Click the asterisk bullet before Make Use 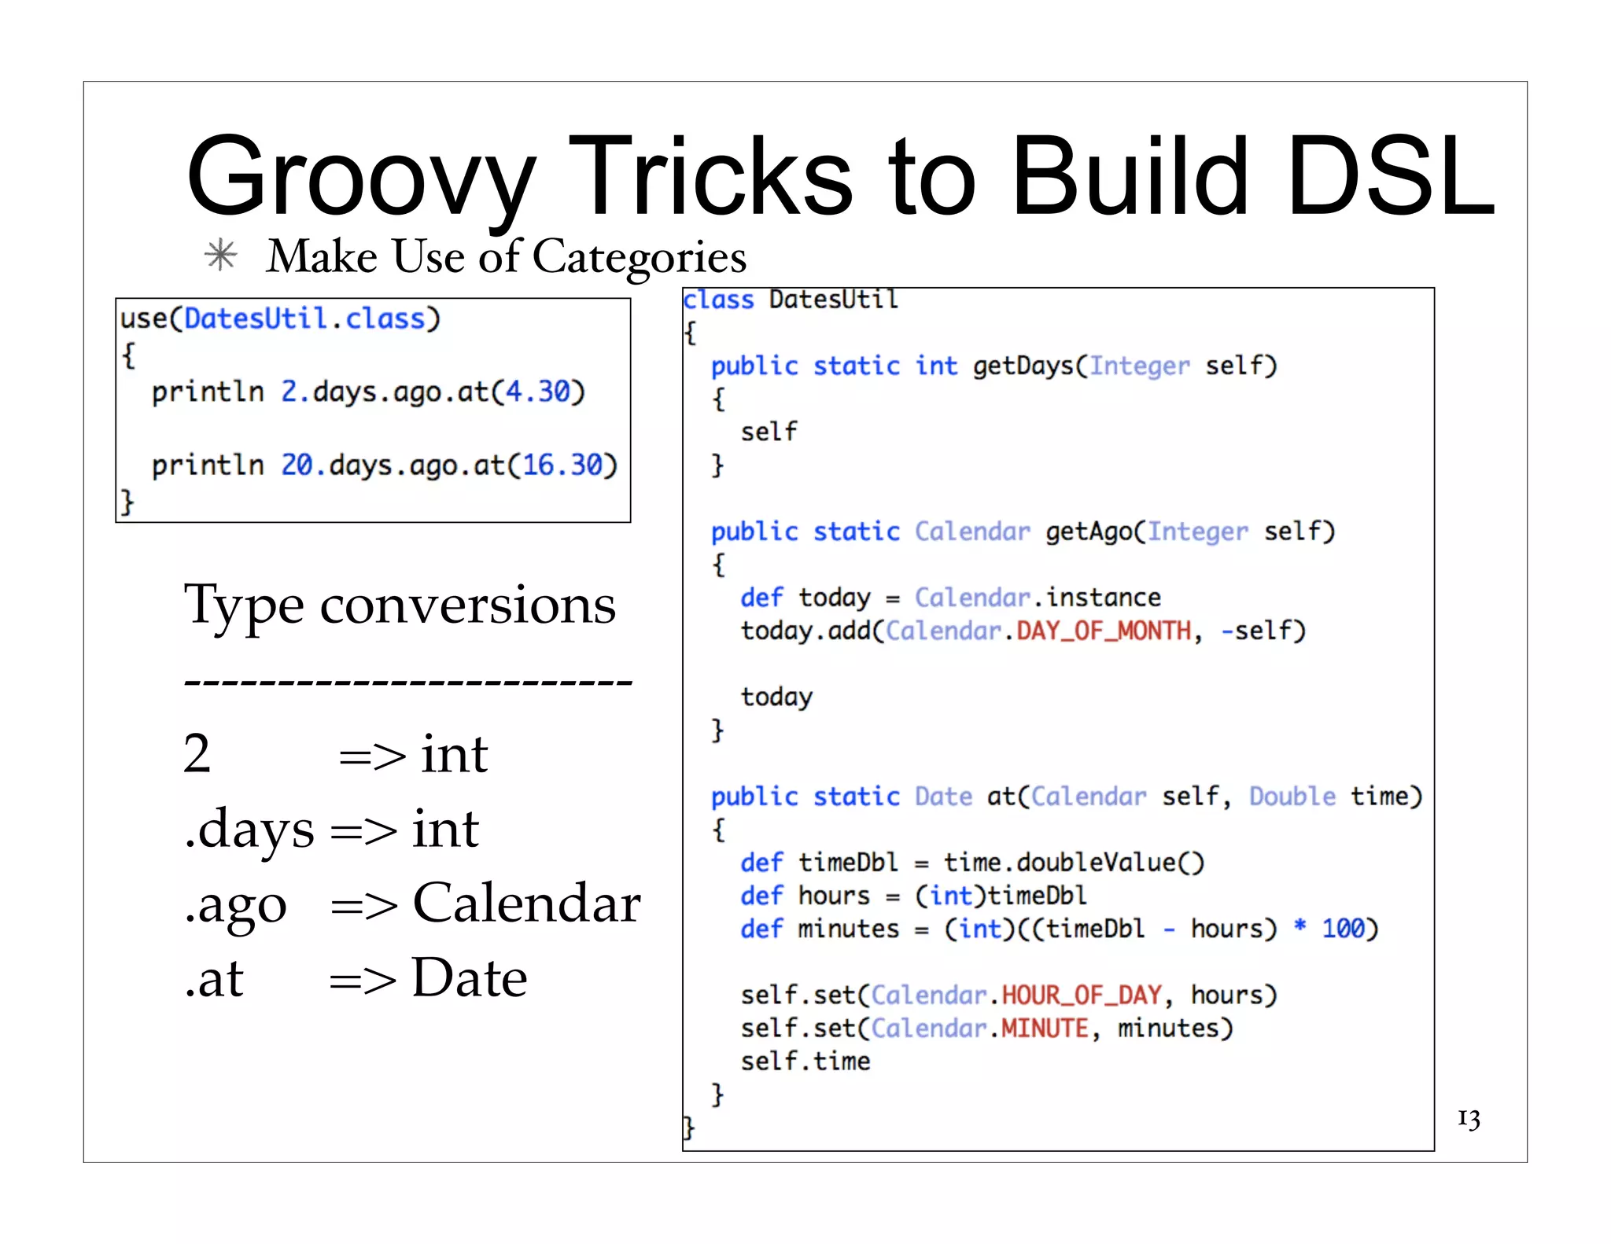pyautogui.click(x=221, y=256)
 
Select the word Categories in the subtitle pyautogui.click(x=639, y=257)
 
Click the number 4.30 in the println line pyautogui.click(x=537, y=392)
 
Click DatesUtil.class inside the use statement pyautogui.click(x=304, y=318)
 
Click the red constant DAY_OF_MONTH pyautogui.click(x=1104, y=631)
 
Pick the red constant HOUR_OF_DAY pyautogui.click(x=1081, y=996)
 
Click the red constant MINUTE pyautogui.click(x=1045, y=1029)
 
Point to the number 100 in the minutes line pyautogui.click(x=1342, y=929)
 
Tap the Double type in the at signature pyautogui.click(x=1292, y=797)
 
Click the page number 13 pyautogui.click(x=1468, y=1118)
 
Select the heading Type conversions pyautogui.click(x=400, y=605)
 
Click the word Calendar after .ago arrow pyautogui.click(x=526, y=903)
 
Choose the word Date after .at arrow pyautogui.click(x=469, y=977)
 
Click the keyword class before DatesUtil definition pyautogui.click(x=718, y=300)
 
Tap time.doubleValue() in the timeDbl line pyautogui.click(x=1074, y=863)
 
